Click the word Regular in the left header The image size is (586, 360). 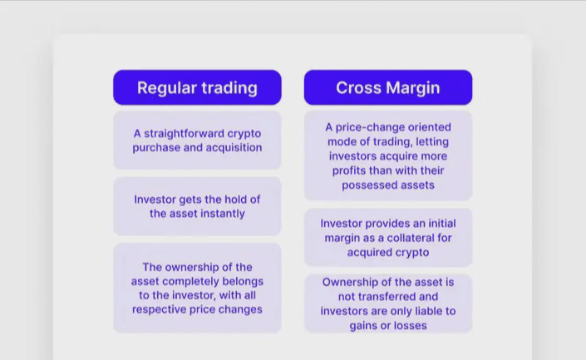point(167,88)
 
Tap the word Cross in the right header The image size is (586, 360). point(359,88)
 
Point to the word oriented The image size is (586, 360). point(430,127)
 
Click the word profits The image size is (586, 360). point(349,170)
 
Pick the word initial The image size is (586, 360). point(442,224)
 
